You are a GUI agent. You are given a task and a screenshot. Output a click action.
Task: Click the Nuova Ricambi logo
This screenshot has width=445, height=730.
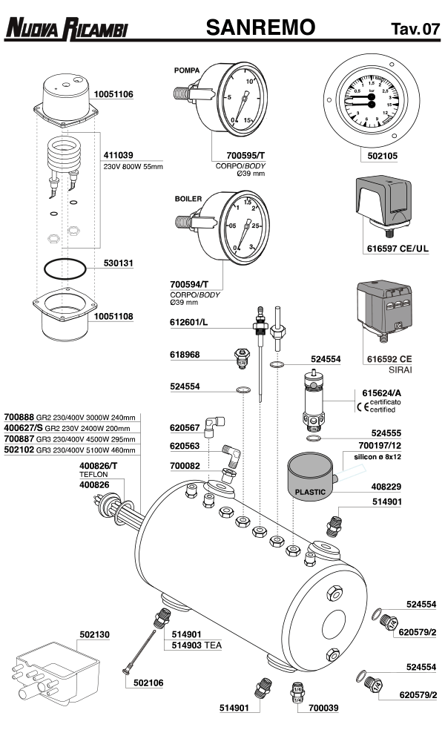(x=67, y=29)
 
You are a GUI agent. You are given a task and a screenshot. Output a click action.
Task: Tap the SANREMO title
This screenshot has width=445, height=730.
(x=260, y=28)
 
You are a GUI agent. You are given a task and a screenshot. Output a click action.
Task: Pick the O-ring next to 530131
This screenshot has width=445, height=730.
(x=64, y=268)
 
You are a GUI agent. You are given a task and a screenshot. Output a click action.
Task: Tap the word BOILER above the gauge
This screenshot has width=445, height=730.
(x=188, y=200)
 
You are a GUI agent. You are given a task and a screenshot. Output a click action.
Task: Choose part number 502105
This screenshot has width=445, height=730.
(x=383, y=157)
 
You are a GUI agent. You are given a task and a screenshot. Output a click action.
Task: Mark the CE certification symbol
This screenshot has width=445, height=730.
(x=363, y=406)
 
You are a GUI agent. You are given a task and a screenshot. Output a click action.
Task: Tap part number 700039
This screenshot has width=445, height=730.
(x=314, y=709)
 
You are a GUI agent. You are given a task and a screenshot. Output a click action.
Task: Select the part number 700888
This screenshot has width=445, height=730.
(x=19, y=417)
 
